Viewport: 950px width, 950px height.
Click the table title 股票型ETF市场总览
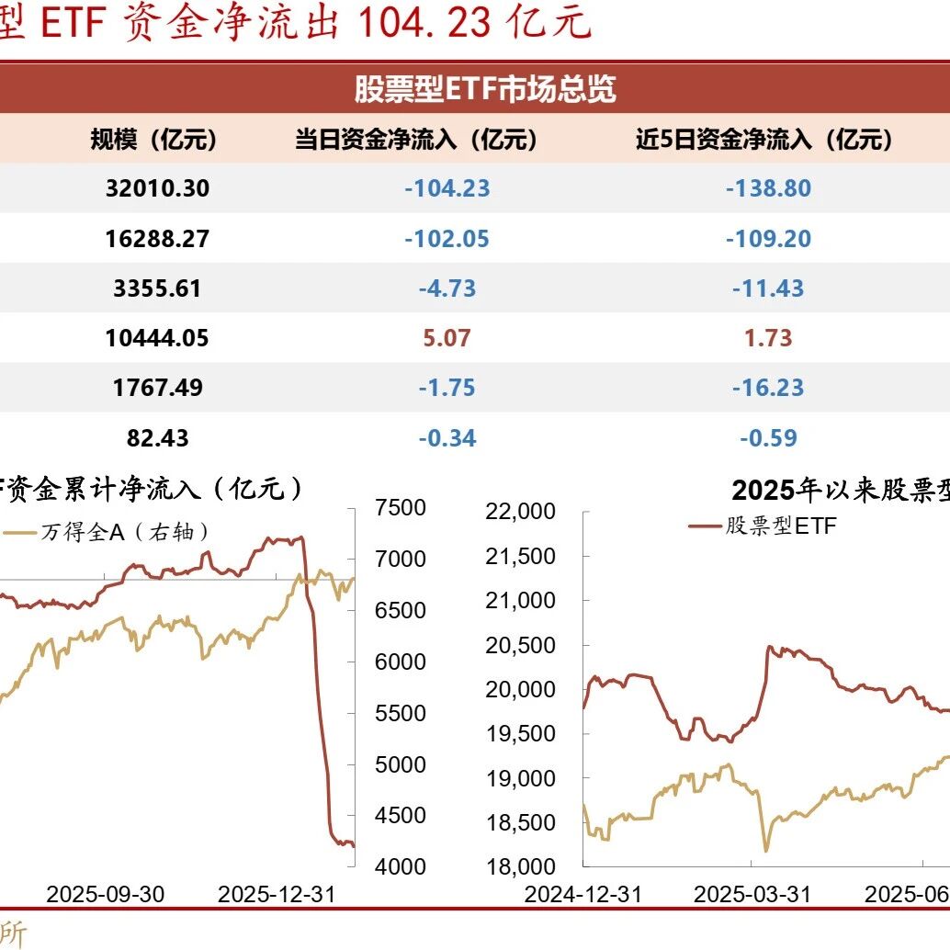[x=485, y=88]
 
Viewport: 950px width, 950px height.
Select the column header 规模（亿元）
[x=153, y=140]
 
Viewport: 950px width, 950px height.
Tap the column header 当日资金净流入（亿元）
[x=416, y=140]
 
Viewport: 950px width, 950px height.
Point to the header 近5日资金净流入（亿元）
[x=764, y=140]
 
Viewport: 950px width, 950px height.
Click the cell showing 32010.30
[x=157, y=188]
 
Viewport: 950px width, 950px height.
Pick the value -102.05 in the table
[x=447, y=239]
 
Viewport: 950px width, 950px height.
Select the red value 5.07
[x=447, y=338]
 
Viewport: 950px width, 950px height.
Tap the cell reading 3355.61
[x=157, y=288]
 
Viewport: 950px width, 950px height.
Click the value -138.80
[x=768, y=188]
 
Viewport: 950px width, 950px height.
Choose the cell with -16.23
[x=768, y=388]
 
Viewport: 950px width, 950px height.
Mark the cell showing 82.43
[x=157, y=438]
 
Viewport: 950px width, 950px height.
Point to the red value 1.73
[x=768, y=338]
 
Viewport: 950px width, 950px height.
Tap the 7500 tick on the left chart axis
[x=401, y=508]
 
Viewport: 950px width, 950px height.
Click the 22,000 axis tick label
[x=520, y=512]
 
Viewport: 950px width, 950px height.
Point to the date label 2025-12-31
[x=277, y=894]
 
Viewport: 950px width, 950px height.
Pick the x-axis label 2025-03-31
[x=752, y=894]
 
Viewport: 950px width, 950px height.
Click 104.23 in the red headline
[x=424, y=23]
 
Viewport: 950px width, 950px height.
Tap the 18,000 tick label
[x=520, y=867]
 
